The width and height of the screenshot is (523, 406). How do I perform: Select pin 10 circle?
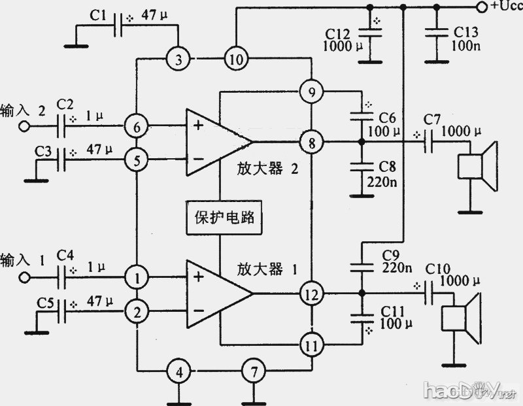235,60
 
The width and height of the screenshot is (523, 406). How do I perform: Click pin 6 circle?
136,126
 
